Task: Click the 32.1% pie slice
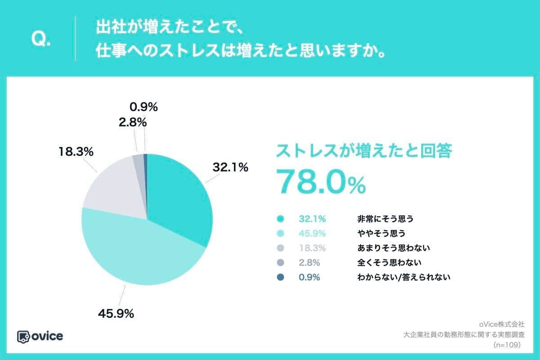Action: point(180,193)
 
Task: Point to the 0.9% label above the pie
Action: point(144,107)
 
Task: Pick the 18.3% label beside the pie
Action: point(76,152)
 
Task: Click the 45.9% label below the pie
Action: point(116,314)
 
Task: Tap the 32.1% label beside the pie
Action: point(230,168)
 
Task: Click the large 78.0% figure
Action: point(320,182)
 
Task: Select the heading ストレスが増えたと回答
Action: point(364,151)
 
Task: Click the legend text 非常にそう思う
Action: point(385,220)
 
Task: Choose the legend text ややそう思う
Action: point(381,234)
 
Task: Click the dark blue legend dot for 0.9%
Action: point(280,277)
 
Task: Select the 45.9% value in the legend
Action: point(312,234)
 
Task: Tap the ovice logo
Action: point(40,336)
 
